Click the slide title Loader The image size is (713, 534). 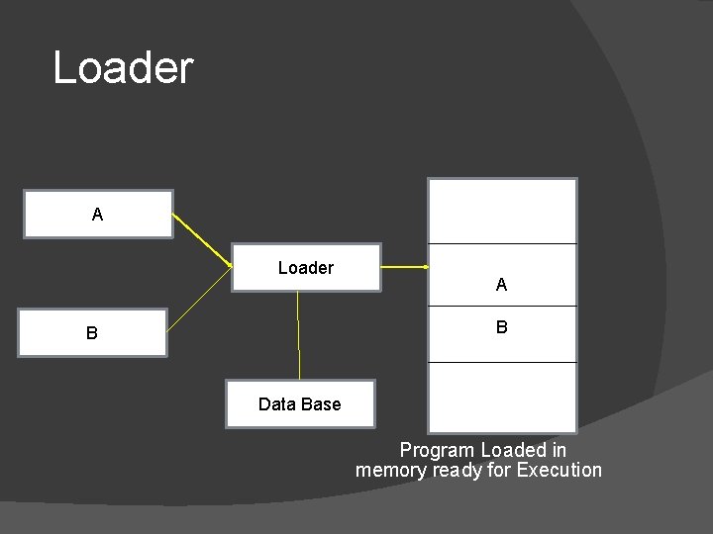click(123, 68)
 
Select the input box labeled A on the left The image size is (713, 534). click(98, 214)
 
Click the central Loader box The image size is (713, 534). click(306, 267)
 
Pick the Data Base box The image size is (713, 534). click(299, 403)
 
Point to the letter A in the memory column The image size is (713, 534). click(501, 285)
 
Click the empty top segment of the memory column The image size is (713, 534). click(501, 211)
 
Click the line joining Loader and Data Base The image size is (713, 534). click(298, 336)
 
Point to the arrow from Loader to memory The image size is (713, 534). click(404, 267)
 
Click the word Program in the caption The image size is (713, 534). click(437, 450)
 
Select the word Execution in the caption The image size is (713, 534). click(559, 470)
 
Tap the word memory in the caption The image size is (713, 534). click(391, 470)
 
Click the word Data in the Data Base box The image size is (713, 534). click(276, 403)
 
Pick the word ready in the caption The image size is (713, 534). click(458, 470)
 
